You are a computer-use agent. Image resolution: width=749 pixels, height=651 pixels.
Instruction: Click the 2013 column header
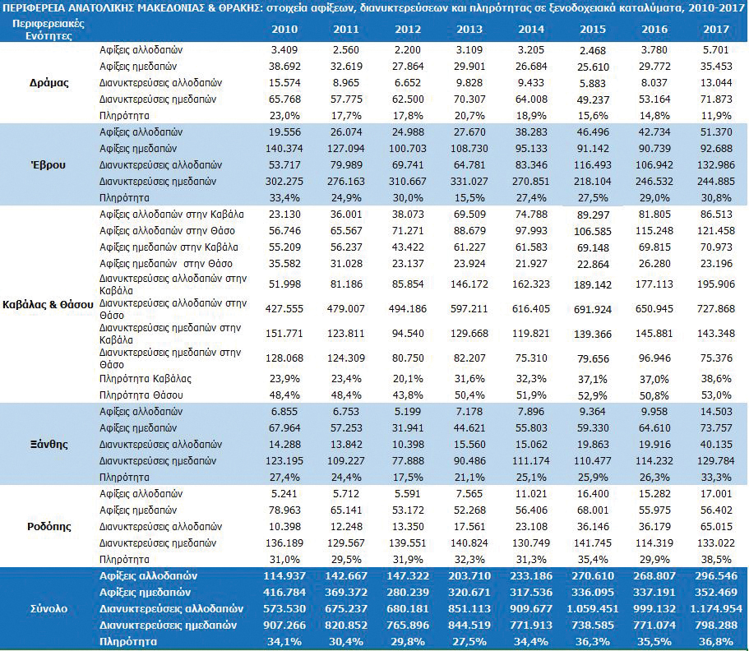469,29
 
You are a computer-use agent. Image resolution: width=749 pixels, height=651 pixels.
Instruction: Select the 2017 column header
716,29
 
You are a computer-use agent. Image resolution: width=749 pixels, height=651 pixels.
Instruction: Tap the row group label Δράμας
49,83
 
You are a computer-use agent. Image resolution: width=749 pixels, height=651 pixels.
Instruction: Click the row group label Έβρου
49,165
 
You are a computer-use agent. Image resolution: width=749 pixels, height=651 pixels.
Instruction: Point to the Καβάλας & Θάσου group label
48,305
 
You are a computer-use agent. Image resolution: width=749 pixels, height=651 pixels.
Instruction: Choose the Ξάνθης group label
49,445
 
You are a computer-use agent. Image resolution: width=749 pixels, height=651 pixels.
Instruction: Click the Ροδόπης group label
49,527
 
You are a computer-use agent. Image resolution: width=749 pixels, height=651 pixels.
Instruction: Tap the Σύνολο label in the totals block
49,609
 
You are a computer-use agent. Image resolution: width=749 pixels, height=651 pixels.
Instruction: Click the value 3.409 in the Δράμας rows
284,50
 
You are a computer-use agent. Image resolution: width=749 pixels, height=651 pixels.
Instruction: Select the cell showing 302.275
284,182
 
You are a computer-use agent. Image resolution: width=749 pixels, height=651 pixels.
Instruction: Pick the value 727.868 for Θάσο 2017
716,309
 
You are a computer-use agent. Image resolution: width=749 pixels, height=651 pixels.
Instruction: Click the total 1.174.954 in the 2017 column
716,609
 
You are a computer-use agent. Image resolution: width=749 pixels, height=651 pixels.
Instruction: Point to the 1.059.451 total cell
593,609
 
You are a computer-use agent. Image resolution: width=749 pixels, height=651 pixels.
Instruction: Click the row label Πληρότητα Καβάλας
146,379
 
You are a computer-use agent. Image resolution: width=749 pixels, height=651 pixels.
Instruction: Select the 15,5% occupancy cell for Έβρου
469,198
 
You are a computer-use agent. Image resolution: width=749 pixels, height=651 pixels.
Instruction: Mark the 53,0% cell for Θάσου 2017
716,395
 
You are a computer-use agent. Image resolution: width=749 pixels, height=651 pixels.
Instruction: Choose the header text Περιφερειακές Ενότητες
49,30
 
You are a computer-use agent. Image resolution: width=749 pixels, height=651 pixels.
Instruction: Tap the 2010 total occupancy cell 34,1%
284,642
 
